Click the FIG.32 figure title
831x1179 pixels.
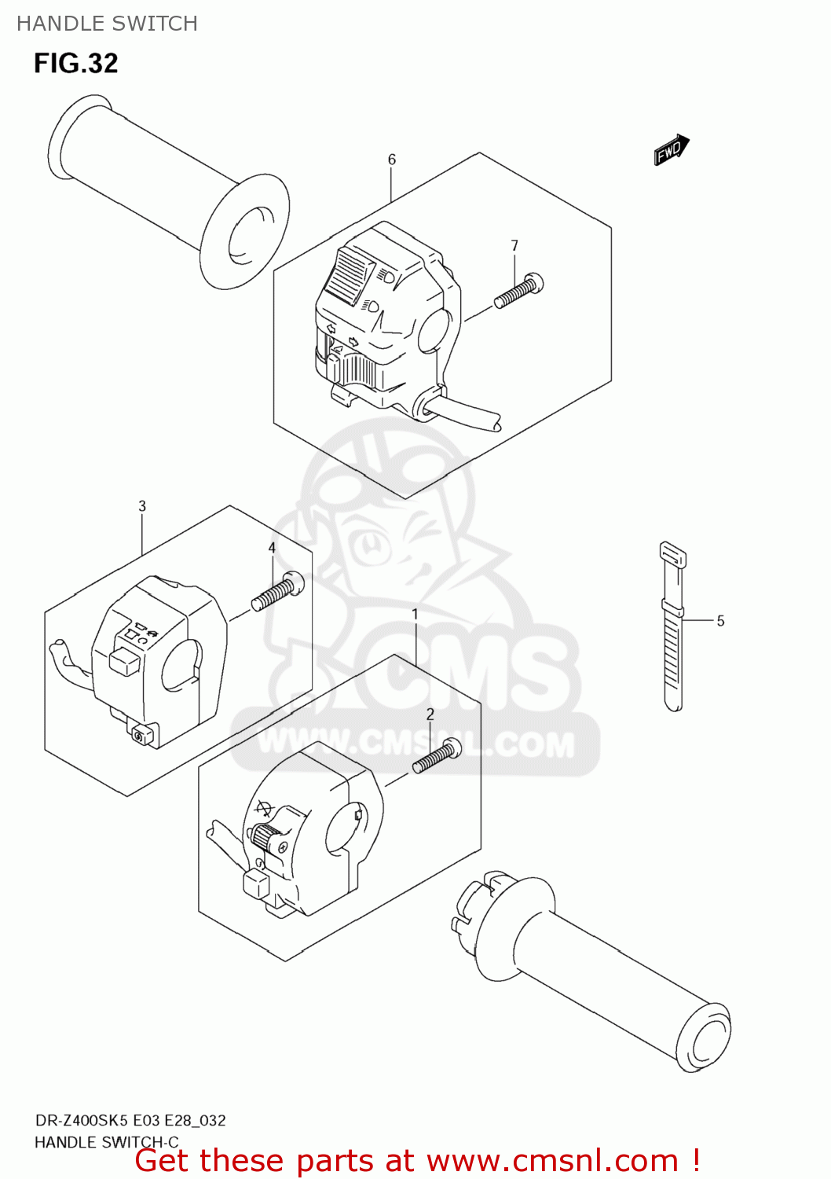[x=75, y=63]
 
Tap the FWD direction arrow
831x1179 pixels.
[x=672, y=149]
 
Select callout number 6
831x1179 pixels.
[x=392, y=160]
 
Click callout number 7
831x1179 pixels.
[x=514, y=245]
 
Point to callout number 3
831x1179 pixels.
[x=142, y=506]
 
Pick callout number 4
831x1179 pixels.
[x=272, y=548]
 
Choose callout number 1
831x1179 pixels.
[x=415, y=614]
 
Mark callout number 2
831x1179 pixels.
[x=430, y=714]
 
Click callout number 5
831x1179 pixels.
[x=720, y=621]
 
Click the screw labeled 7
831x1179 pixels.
[x=518, y=292]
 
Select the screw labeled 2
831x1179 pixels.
[x=437, y=756]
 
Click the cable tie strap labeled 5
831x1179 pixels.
[x=672, y=629]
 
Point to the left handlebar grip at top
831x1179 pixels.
[x=165, y=189]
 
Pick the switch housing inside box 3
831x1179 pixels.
[x=157, y=660]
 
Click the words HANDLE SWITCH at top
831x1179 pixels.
[x=107, y=24]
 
